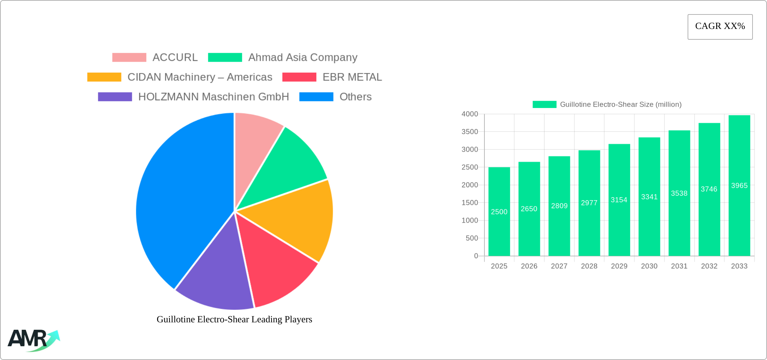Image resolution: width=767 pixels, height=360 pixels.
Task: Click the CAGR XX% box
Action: coord(720,27)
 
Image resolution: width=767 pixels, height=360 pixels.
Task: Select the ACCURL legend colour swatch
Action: coord(129,58)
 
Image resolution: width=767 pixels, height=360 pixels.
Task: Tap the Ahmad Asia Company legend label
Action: coord(303,58)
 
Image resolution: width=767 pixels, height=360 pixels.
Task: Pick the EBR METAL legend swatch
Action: coord(299,77)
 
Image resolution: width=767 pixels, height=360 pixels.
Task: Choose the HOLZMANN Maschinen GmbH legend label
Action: coord(214,97)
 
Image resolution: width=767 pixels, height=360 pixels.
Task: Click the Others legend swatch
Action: coord(316,97)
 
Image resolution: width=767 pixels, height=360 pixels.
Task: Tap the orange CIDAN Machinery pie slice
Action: coord(296,219)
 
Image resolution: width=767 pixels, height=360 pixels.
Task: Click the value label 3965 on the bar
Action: coord(739,186)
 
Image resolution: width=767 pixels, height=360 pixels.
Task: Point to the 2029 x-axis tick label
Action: coord(619,266)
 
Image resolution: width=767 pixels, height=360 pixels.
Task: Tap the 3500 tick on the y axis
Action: coord(470,132)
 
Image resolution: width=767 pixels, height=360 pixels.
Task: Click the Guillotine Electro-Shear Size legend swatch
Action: coord(544,105)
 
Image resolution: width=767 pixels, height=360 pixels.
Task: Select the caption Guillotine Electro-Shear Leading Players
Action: coord(234,319)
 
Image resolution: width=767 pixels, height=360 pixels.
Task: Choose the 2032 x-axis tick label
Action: coord(709,266)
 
